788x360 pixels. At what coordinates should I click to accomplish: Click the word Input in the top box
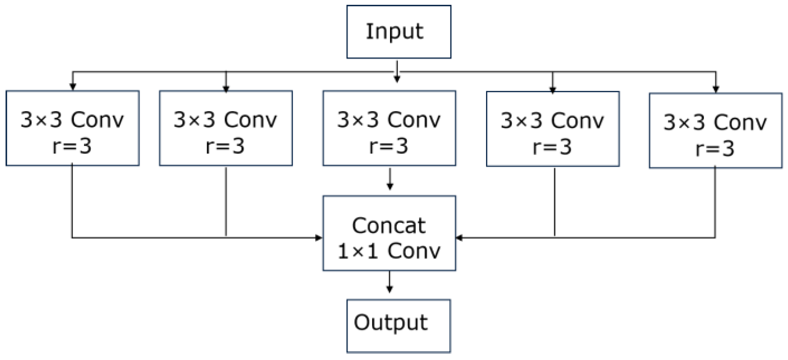pos(394,31)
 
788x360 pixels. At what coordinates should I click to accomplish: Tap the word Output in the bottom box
pos(390,323)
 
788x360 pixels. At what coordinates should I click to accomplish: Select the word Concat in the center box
pos(389,225)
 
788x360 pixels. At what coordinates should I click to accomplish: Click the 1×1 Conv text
pos(389,251)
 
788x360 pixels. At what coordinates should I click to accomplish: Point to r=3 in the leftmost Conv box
pos(72,146)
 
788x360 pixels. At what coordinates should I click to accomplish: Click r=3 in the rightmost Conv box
pos(715,149)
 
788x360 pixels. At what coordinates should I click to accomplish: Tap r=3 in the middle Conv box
pos(389,146)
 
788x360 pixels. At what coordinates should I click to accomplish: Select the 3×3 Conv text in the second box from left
pos(225,120)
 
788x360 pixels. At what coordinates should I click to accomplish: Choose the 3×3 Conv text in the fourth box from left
pos(552,120)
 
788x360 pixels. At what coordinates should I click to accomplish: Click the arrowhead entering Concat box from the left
pos(319,238)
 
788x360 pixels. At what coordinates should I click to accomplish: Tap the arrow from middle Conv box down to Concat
pos(389,179)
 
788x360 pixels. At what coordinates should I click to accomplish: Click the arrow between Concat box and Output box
pos(389,283)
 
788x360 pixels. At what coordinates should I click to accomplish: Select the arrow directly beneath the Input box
pos(397,71)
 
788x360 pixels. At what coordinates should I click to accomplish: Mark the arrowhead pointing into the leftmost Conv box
pos(73,87)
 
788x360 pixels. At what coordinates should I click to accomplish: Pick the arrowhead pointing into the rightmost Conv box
pos(716,89)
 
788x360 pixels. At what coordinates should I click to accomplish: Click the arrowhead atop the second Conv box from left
pos(226,89)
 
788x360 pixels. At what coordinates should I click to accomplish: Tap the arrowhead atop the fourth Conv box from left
pos(553,89)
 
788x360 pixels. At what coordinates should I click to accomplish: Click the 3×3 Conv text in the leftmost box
pos(72,120)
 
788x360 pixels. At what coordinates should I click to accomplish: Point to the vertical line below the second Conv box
pos(226,201)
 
